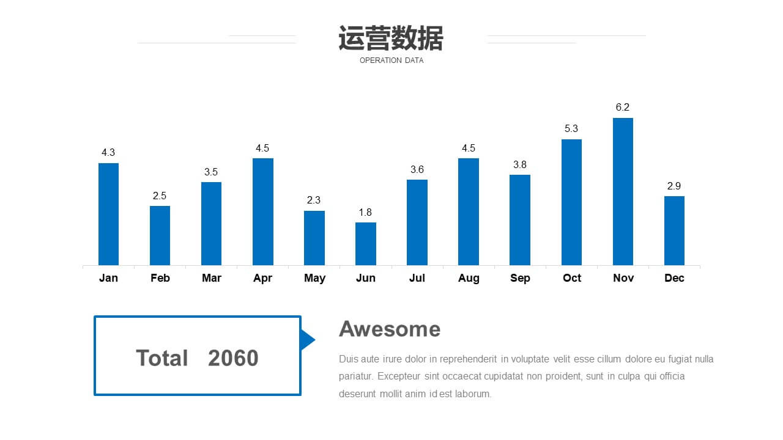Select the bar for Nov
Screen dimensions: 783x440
(623, 192)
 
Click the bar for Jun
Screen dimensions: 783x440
(366, 244)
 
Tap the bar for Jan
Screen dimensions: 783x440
(108, 215)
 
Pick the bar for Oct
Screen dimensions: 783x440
(571, 202)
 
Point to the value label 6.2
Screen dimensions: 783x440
(623, 107)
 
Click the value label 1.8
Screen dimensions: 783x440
(365, 212)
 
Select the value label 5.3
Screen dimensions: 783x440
(571, 128)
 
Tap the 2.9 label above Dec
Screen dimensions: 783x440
(674, 186)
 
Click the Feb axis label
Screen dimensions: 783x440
(160, 278)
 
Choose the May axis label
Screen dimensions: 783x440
(314, 278)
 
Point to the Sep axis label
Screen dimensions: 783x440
(520, 278)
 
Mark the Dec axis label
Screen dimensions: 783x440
(674, 278)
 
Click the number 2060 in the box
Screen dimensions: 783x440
(233, 358)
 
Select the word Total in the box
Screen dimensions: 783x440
(162, 358)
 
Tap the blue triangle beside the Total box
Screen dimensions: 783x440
(308, 340)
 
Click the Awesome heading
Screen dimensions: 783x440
(390, 329)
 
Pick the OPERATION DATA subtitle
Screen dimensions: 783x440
(391, 61)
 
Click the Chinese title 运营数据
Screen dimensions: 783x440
(391, 38)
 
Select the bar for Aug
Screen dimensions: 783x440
(469, 212)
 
